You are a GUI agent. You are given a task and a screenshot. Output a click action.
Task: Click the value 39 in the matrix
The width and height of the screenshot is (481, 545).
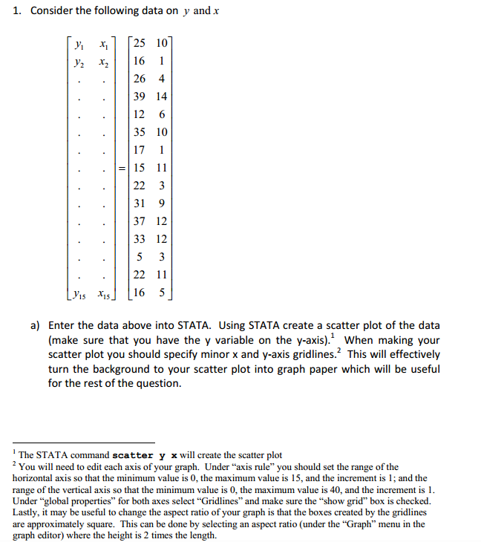(x=140, y=97)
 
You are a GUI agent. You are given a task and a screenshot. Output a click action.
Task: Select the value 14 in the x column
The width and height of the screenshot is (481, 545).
(x=162, y=97)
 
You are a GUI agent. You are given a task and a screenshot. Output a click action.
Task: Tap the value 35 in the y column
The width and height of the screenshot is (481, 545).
(x=140, y=132)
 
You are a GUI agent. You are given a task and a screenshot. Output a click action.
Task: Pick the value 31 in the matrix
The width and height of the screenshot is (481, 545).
(x=140, y=203)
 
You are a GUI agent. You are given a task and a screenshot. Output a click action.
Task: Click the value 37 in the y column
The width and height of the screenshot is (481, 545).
(x=140, y=221)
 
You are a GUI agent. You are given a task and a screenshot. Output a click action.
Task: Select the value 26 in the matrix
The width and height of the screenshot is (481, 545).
(x=140, y=79)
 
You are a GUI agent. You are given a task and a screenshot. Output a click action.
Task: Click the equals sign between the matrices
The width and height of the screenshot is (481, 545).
(x=122, y=168)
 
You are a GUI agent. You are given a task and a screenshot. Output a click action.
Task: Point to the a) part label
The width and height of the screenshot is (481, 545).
(x=36, y=325)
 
